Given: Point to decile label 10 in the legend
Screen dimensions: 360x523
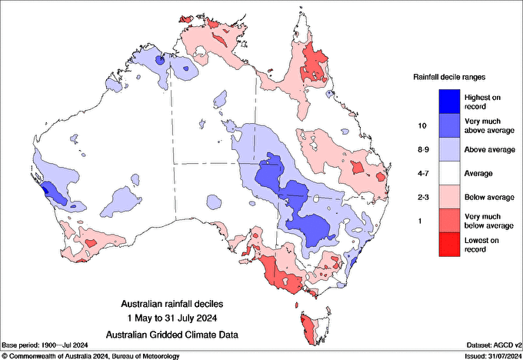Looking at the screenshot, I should [x=421, y=125].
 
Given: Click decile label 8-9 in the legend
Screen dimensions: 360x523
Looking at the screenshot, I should [x=421, y=149].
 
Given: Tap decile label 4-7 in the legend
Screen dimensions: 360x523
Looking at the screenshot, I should [x=421, y=173].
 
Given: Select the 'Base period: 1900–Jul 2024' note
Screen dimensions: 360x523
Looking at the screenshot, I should [x=47, y=345].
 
